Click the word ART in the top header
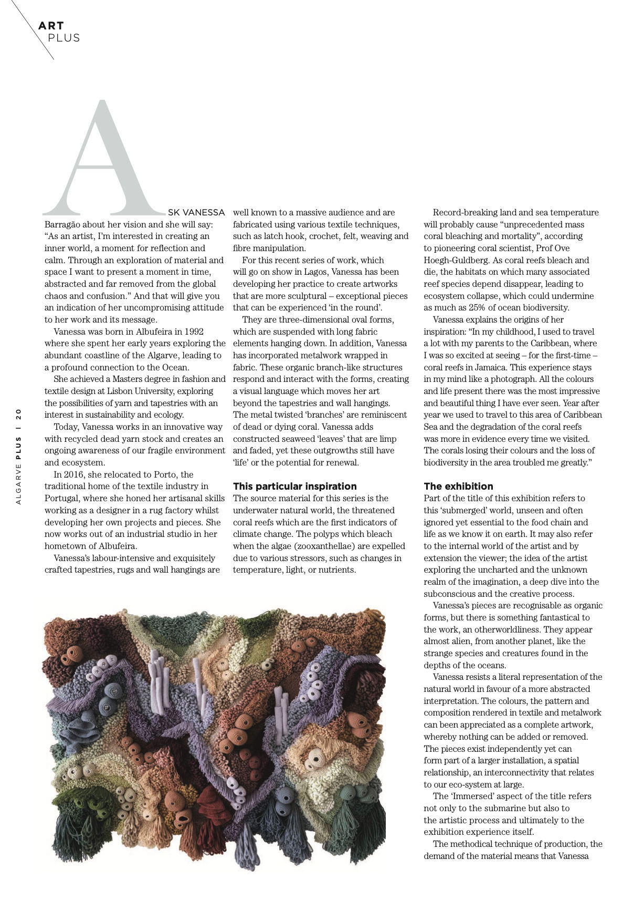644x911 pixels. click(51, 25)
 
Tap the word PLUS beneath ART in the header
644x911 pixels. click(64, 38)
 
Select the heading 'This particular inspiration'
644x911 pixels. click(294, 486)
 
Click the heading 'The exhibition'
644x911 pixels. click(458, 486)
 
